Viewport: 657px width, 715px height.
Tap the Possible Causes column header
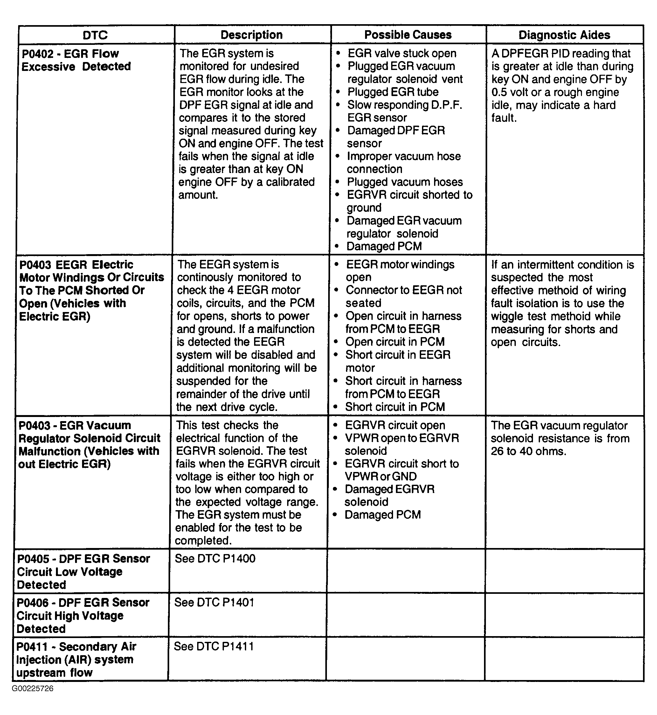(x=408, y=35)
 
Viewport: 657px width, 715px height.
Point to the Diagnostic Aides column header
(x=564, y=35)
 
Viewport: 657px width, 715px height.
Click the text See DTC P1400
(x=215, y=559)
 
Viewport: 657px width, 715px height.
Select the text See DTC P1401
(x=214, y=602)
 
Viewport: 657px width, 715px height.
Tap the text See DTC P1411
(x=214, y=646)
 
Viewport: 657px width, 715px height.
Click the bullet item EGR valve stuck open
(x=402, y=53)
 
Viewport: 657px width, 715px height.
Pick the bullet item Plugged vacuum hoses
(x=405, y=182)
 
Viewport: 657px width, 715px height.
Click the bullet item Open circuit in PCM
(x=395, y=342)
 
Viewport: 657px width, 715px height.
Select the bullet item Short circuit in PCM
(x=395, y=407)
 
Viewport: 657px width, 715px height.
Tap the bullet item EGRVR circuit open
(x=395, y=425)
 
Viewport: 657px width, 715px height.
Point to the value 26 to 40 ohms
(x=528, y=451)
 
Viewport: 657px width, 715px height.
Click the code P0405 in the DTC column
(x=33, y=559)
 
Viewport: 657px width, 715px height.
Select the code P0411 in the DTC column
(x=32, y=647)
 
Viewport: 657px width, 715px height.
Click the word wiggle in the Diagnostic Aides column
(x=506, y=316)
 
